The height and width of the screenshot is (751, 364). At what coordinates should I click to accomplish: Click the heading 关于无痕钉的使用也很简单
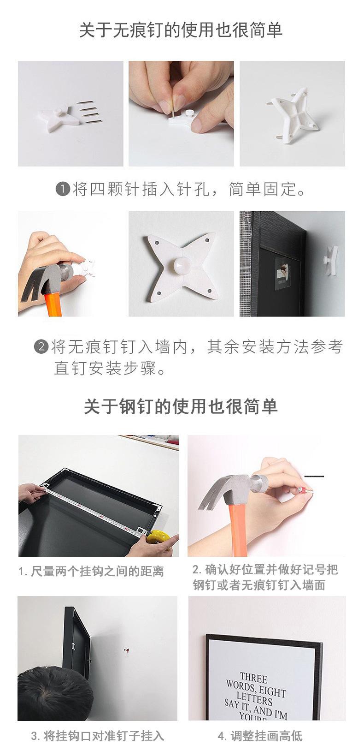pyautogui.click(x=181, y=30)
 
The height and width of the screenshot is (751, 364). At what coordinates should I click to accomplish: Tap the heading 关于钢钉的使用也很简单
pyautogui.click(x=181, y=407)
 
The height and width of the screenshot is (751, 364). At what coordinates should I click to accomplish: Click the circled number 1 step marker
pyautogui.click(x=63, y=190)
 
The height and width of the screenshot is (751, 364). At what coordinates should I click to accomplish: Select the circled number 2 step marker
pyautogui.click(x=41, y=346)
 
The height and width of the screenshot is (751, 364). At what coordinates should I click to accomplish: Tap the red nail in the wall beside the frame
pyautogui.click(x=127, y=651)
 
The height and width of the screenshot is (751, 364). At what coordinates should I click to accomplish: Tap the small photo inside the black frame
pyautogui.click(x=282, y=274)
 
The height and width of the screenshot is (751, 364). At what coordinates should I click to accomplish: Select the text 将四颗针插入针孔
pyautogui.click(x=141, y=190)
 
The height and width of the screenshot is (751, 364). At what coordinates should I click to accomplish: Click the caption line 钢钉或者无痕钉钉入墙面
pyautogui.click(x=259, y=585)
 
